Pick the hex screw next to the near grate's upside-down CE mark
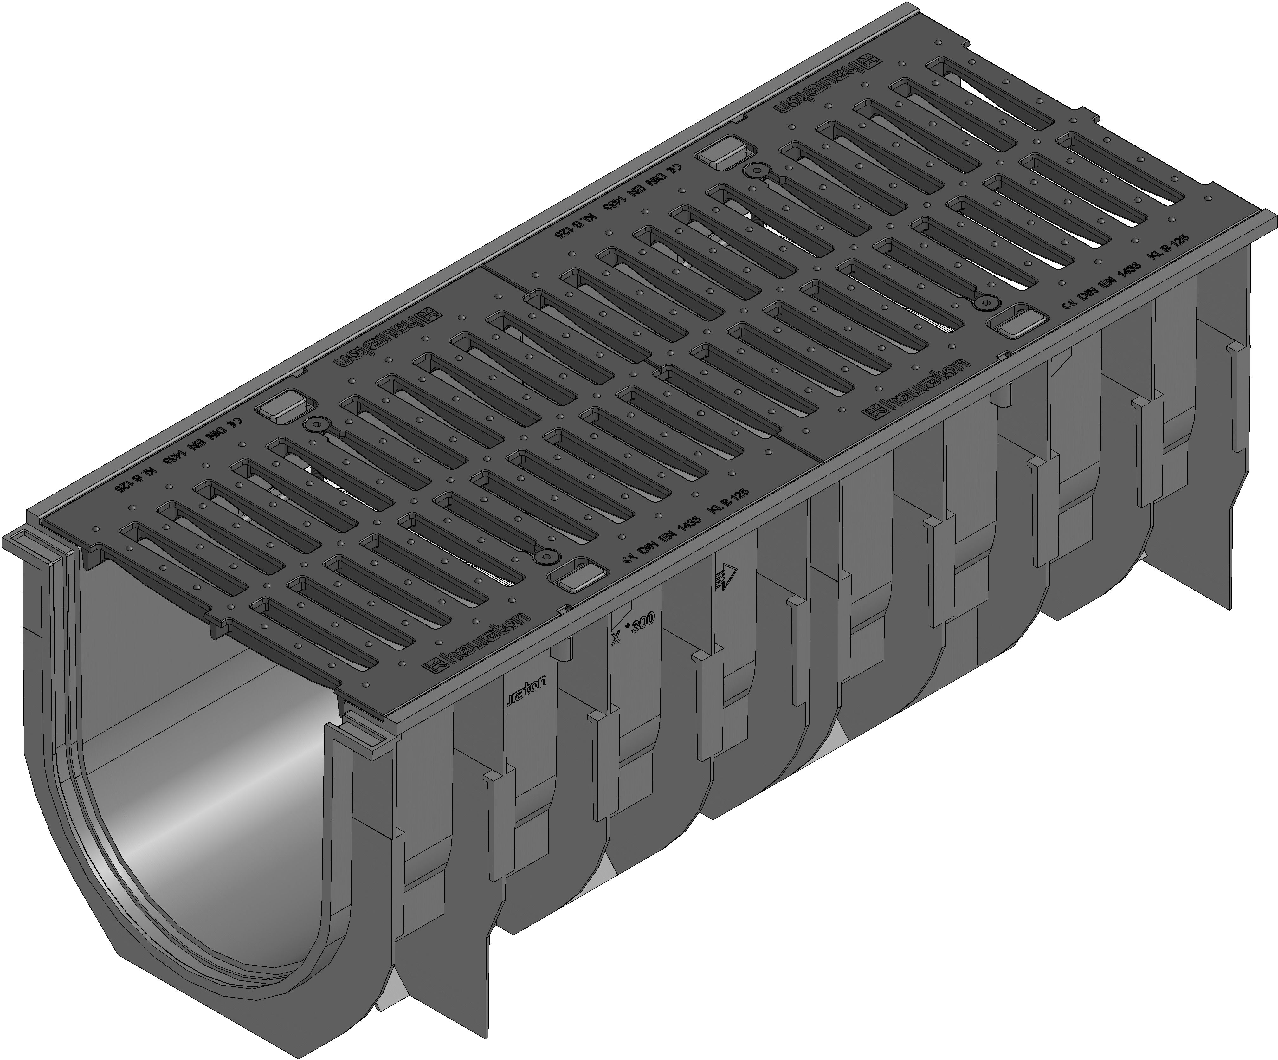click(315, 425)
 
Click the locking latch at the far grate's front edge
click(1013, 323)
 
